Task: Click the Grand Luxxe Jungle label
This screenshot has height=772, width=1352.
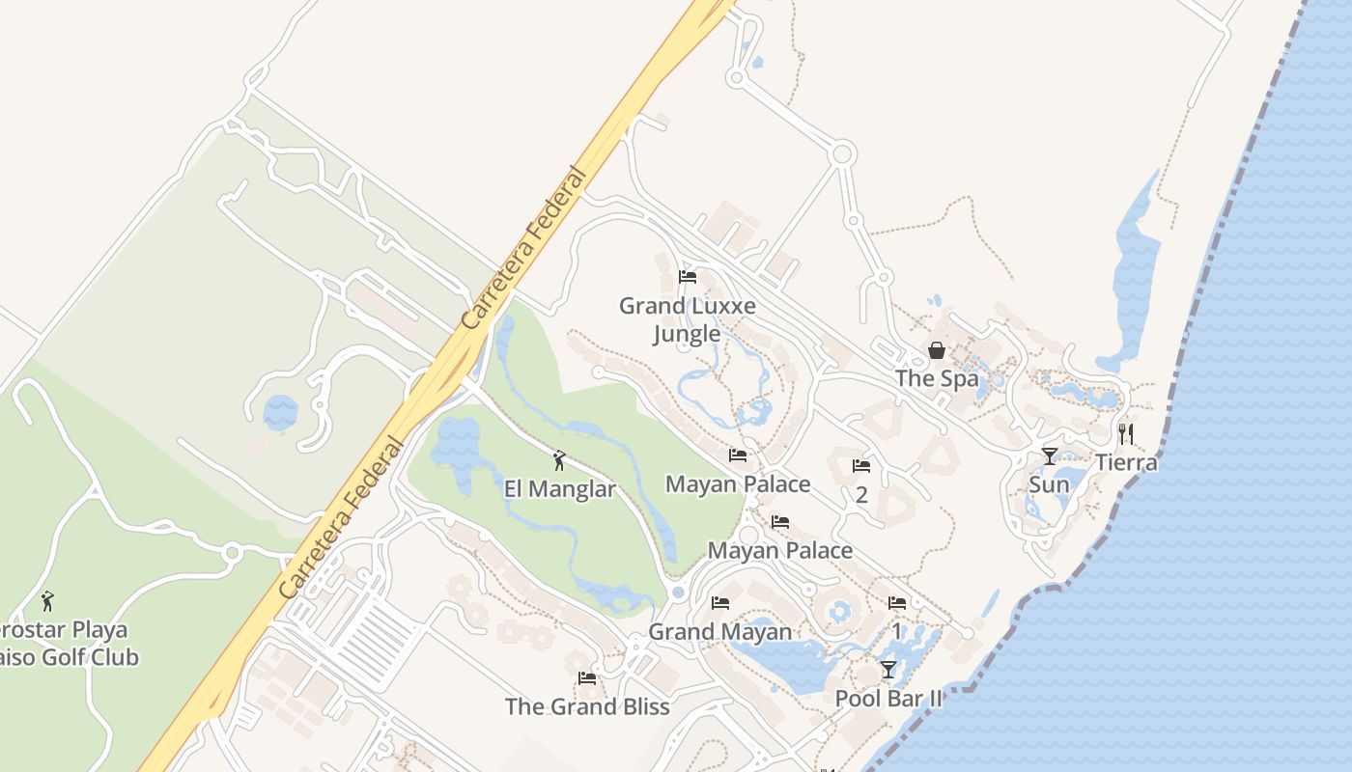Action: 687,319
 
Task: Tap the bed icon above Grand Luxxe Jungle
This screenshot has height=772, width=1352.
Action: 688,277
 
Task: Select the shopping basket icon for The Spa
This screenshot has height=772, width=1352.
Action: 936,350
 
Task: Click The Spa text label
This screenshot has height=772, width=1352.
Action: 937,378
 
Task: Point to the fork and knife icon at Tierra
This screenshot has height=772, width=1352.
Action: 1125,433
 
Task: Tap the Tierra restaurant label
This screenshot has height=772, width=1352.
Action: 1126,462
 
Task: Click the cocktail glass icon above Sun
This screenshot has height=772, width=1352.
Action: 1049,455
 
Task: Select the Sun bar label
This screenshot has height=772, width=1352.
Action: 1049,483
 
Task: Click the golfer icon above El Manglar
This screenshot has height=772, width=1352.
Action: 559,460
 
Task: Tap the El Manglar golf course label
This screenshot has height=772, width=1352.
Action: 559,489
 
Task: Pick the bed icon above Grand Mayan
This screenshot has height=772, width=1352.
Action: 720,603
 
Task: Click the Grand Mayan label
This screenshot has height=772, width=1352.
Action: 720,632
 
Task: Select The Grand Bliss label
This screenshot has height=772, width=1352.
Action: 587,706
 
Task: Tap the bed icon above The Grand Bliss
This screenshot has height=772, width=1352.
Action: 587,677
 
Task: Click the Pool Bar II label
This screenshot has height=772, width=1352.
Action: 888,698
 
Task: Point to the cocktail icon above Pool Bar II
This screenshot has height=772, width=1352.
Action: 888,669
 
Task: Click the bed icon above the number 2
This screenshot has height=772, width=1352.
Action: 861,466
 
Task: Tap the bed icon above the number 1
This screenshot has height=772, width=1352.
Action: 897,603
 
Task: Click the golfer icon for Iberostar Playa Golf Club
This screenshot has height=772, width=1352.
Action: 47,601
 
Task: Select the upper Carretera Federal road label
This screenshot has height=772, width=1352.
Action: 523,249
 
